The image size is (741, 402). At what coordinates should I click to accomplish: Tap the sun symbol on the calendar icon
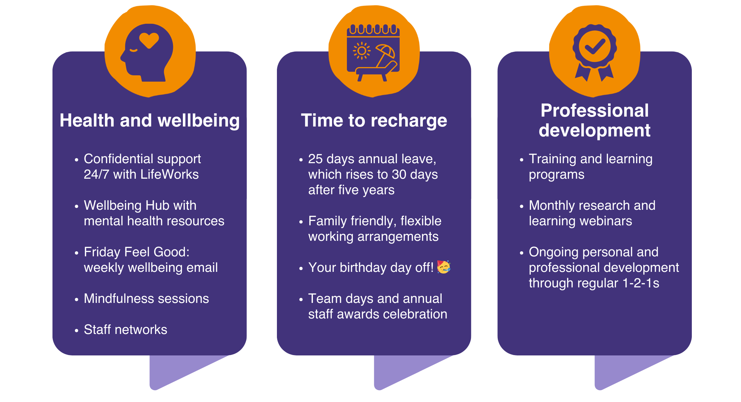tap(362, 51)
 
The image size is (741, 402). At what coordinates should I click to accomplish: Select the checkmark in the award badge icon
tap(595, 47)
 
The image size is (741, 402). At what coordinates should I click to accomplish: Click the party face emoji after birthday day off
tap(444, 267)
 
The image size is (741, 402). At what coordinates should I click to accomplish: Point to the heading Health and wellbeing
tap(150, 121)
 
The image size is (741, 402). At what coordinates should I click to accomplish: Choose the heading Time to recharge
tap(374, 121)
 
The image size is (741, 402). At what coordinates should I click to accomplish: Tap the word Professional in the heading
tap(594, 110)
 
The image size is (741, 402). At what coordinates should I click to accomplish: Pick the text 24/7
tap(96, 174)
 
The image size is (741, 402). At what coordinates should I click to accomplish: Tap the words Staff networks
tap(125, 329)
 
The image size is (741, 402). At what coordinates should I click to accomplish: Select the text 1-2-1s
tap(641, 283)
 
